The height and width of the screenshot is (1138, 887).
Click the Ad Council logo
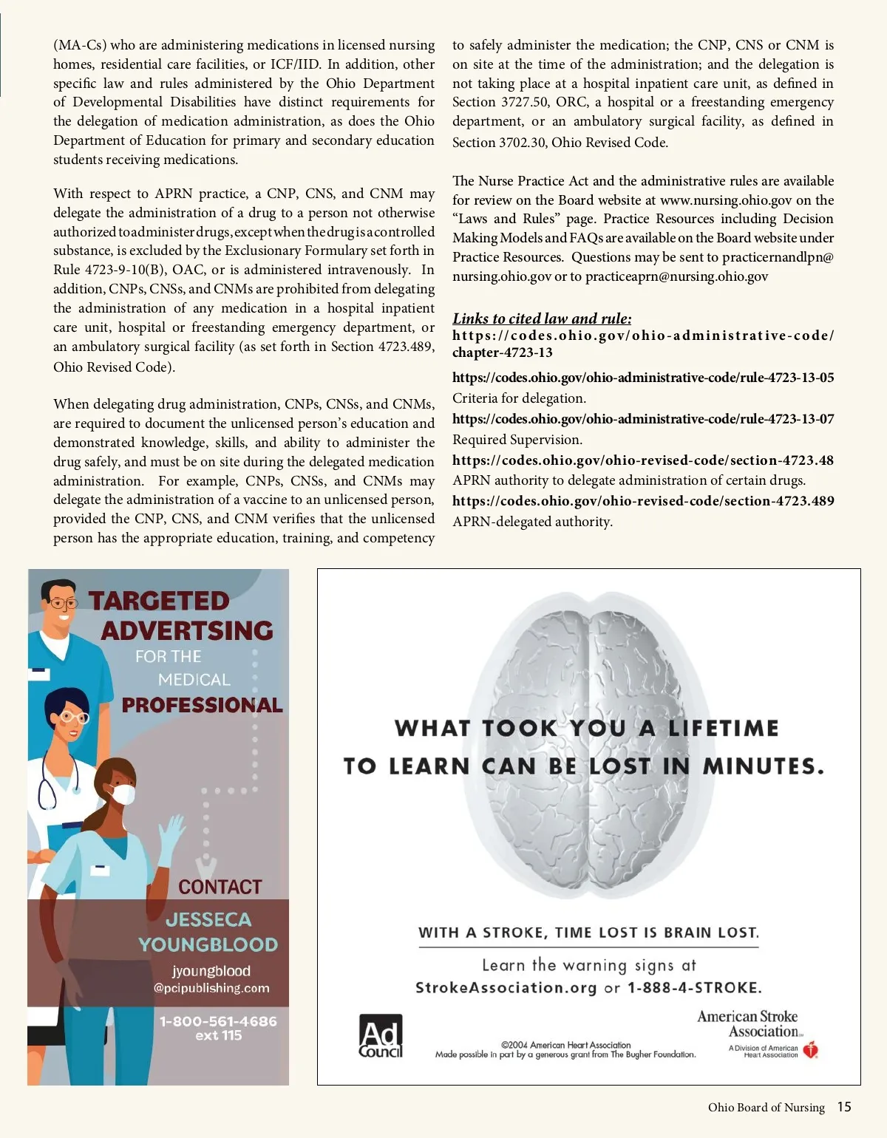(381, 1036)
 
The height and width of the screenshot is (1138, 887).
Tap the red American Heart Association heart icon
(811, 1049)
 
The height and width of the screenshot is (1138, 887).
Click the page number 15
(844, 1107)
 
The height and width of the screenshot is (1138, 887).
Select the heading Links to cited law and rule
(542, 318)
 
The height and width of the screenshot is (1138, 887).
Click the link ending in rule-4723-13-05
(643, 378)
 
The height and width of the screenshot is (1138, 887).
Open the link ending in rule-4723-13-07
(643, 419)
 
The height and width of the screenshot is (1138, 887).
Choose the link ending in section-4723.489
(643, 501)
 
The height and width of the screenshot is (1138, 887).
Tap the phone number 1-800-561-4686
(218, 1021)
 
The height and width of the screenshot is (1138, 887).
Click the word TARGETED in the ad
(159, 601)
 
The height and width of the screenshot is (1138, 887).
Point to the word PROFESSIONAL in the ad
(202, 705)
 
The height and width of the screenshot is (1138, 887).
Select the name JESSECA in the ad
(208, 919)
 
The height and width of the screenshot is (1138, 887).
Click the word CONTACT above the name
(220, 887)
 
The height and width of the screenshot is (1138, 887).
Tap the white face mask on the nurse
(122, 794)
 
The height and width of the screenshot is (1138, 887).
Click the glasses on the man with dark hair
(62, 604)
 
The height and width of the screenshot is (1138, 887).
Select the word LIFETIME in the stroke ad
(723, 729)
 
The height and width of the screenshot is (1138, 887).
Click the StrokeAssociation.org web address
(506, 988)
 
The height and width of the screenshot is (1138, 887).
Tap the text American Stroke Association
(748, 1024)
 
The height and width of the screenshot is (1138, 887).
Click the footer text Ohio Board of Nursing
(766, 1107)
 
